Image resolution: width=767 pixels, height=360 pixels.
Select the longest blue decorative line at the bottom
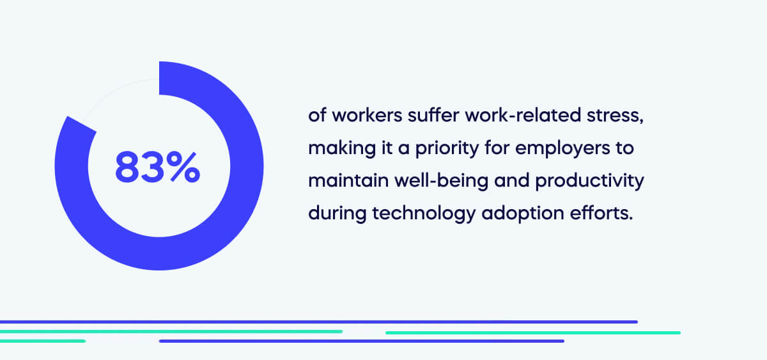(320, 322)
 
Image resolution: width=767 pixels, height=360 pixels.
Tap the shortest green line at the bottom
(42, 341)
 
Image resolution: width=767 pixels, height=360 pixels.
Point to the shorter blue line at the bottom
(361, 341)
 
